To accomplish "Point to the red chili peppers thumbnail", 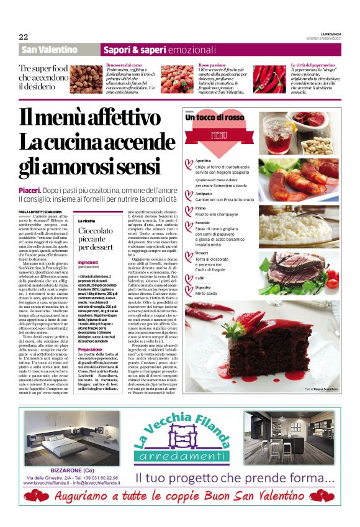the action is point(270,79).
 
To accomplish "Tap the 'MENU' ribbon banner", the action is point(219,134).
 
